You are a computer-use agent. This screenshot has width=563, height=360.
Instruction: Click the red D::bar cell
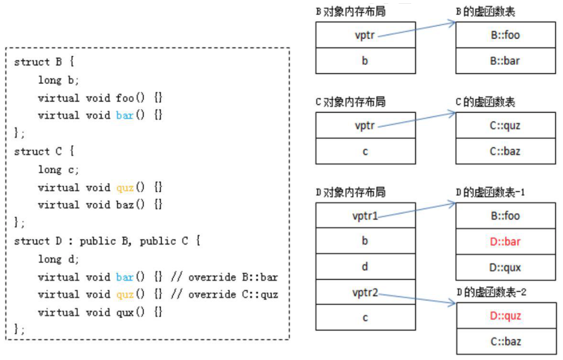click(505, 241)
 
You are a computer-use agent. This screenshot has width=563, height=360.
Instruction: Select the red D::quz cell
click(505, 316)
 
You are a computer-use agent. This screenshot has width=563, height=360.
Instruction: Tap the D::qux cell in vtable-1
click(505, 268)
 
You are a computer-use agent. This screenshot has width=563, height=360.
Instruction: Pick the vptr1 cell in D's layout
click(365, 216)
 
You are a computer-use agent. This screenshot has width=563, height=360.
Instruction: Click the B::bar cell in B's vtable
click(505, 61)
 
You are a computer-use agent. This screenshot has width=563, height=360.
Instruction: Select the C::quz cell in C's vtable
click(505, 126)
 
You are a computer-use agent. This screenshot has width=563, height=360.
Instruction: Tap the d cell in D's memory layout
click(365, 267)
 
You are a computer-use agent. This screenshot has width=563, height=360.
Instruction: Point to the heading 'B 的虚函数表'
click(485, 11)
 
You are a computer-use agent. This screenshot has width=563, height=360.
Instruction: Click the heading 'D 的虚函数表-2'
click(491, 292)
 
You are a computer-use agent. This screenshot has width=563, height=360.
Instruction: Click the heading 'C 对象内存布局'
click(351, 102)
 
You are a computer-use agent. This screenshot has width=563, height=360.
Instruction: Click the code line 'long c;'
click(58, 169)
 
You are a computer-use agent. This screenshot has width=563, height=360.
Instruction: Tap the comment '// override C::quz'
click(224, 295)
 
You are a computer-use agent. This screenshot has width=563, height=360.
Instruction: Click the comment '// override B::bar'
click(224, 277)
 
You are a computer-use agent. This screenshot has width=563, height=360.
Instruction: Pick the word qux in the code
click(125, 313)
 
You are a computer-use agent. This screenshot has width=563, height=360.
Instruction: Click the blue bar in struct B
click(125, 116)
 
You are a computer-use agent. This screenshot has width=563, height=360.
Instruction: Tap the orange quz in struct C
click(125, 187)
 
